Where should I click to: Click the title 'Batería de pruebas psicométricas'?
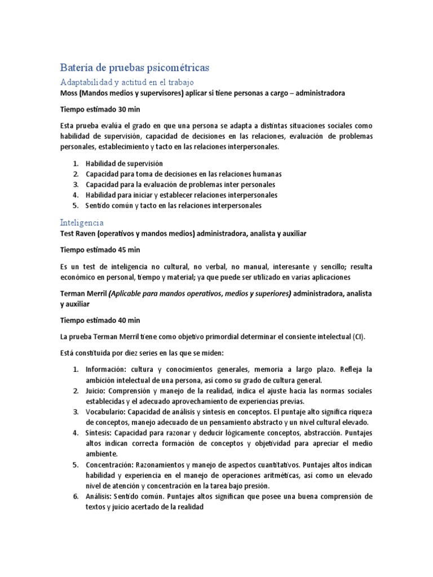[x=134, y=68]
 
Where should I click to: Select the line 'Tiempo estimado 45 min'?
[x=100, y=250]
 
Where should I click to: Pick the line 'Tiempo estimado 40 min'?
[x=100, y=321]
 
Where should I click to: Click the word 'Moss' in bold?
[x=69, y=93]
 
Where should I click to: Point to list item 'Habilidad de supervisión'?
[x=120, y=163]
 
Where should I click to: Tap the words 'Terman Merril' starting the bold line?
[x=83, y=294]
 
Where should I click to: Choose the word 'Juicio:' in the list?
[x=97, y=390]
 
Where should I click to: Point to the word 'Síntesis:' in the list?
[x=99, y=433]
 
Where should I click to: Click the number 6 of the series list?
[x=75, y=496]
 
